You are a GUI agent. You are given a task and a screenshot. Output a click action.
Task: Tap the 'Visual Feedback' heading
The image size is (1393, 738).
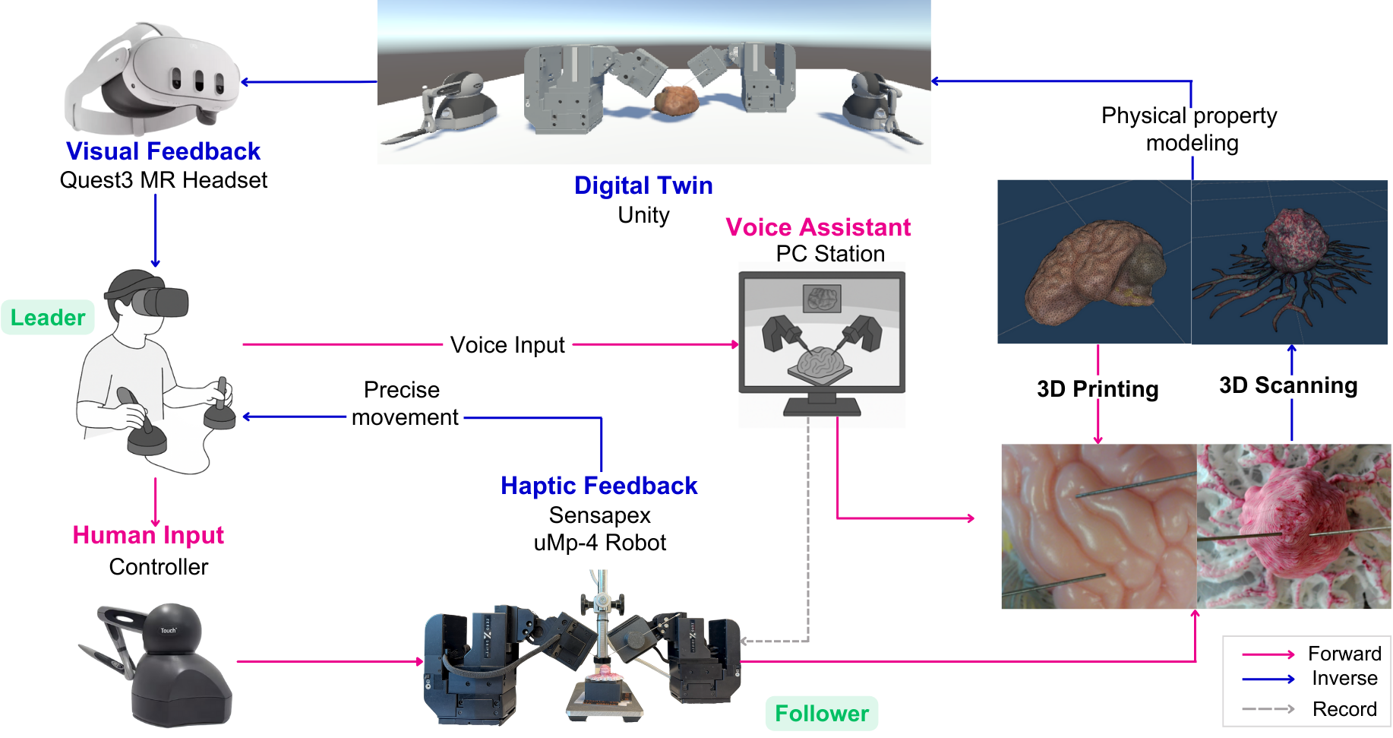coord(163,151)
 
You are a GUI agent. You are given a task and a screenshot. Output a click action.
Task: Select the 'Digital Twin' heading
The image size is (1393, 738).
coord(643,185)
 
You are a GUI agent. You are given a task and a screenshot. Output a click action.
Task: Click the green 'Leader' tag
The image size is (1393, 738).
coord(48,318)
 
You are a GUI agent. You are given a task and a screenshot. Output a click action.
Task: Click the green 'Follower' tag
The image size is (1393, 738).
coord(821,714)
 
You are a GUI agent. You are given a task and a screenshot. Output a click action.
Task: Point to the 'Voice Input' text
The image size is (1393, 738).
coord(507,345)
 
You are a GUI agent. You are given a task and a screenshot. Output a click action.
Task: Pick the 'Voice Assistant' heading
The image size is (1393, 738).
coord(818,227)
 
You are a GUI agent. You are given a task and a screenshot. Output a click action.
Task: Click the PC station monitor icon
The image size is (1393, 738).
coord(822,342)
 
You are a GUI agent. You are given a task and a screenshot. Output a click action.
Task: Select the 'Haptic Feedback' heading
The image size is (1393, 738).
coord(599,486)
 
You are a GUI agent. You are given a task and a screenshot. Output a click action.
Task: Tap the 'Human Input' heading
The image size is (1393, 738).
coord(148,535)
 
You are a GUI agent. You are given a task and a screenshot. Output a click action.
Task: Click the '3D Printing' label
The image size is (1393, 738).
coord(1098,389)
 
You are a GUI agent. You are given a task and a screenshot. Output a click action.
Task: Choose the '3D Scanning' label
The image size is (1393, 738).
coord(1288,385)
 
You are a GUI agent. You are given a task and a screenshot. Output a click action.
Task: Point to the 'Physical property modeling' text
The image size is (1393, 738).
coord(1190,129)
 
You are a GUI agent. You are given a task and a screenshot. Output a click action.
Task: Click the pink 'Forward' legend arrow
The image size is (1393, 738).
coord(1268,654)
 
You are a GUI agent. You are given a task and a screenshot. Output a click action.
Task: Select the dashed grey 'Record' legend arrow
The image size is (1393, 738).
coord(1268,709)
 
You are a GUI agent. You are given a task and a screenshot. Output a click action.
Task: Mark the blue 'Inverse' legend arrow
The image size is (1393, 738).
coord(1268,679)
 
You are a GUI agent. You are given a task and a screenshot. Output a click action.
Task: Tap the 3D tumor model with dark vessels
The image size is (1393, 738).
coord(1291,258)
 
